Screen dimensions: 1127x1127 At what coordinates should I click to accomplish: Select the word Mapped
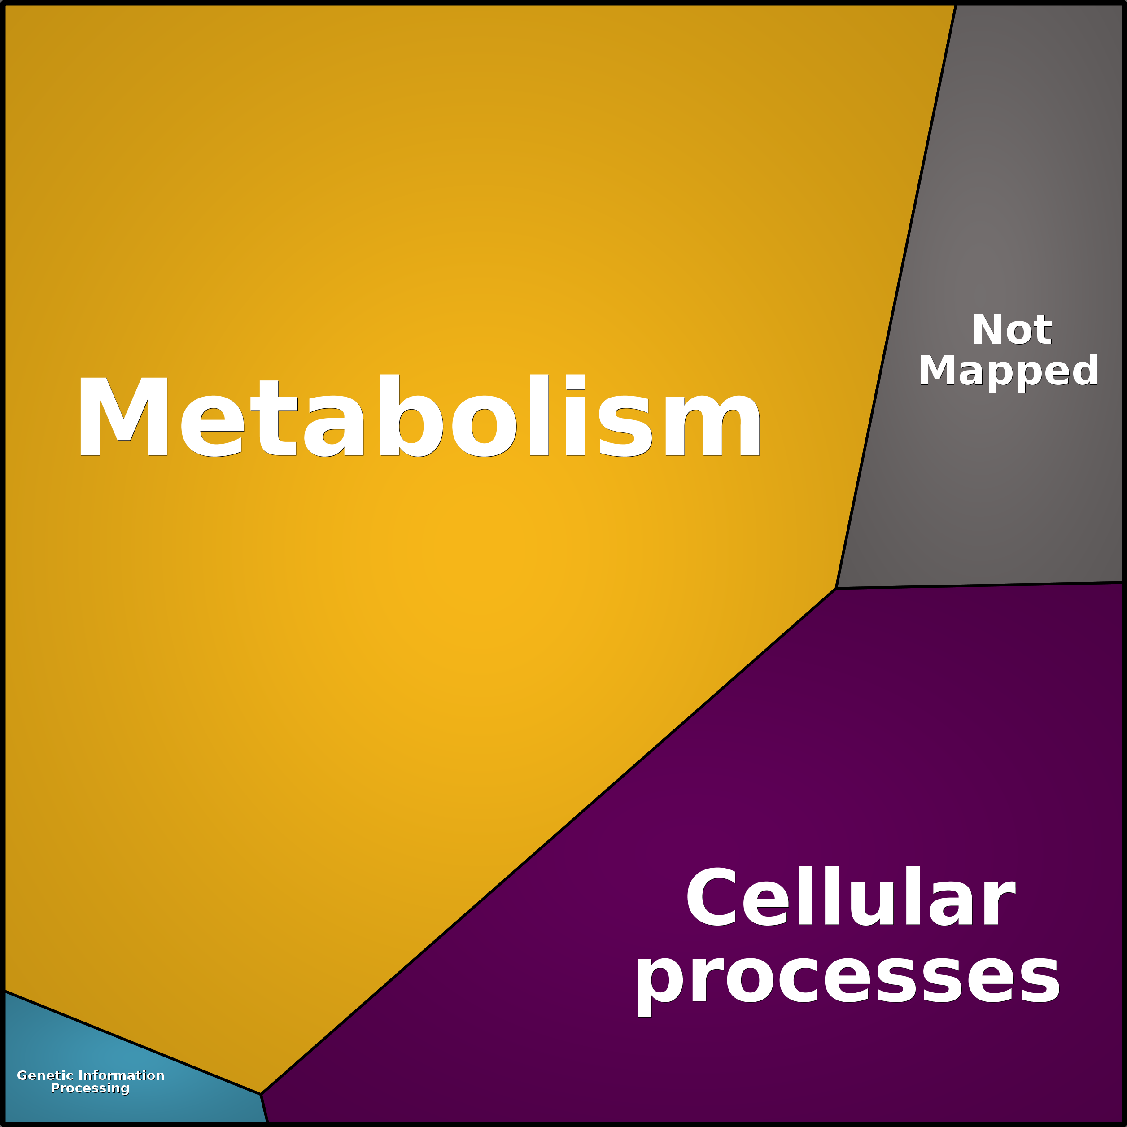[1008, 371]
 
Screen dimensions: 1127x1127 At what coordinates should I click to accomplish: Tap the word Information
[121, 1075]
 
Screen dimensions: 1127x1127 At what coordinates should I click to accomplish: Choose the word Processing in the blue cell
[90, 1088]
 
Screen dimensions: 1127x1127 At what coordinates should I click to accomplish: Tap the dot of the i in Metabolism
[575, 381]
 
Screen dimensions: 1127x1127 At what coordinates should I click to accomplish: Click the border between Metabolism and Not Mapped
[896, 297]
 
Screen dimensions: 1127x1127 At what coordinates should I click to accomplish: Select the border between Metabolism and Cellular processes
[548, 841]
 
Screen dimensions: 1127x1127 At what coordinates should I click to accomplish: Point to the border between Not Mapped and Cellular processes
[979, 585]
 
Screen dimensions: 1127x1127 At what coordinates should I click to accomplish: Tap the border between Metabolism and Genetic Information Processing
[132, 1042]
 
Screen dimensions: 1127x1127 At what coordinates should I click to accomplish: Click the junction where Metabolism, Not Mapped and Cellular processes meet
[836, 588]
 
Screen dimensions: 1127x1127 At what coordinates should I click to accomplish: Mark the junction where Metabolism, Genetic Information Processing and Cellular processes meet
[261, 1094]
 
